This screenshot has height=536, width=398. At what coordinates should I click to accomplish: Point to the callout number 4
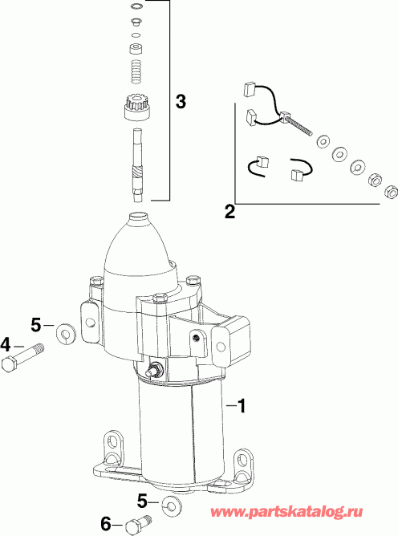pyautogui.click(x=6, y=346)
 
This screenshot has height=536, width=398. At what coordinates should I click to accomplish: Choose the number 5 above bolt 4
pyautogui.click(x=35, y=325)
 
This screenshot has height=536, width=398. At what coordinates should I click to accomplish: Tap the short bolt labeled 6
pyautogui.click(x=132, y=526)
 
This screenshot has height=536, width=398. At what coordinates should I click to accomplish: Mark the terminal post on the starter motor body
pyautogui.click(x=156, y=370)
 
